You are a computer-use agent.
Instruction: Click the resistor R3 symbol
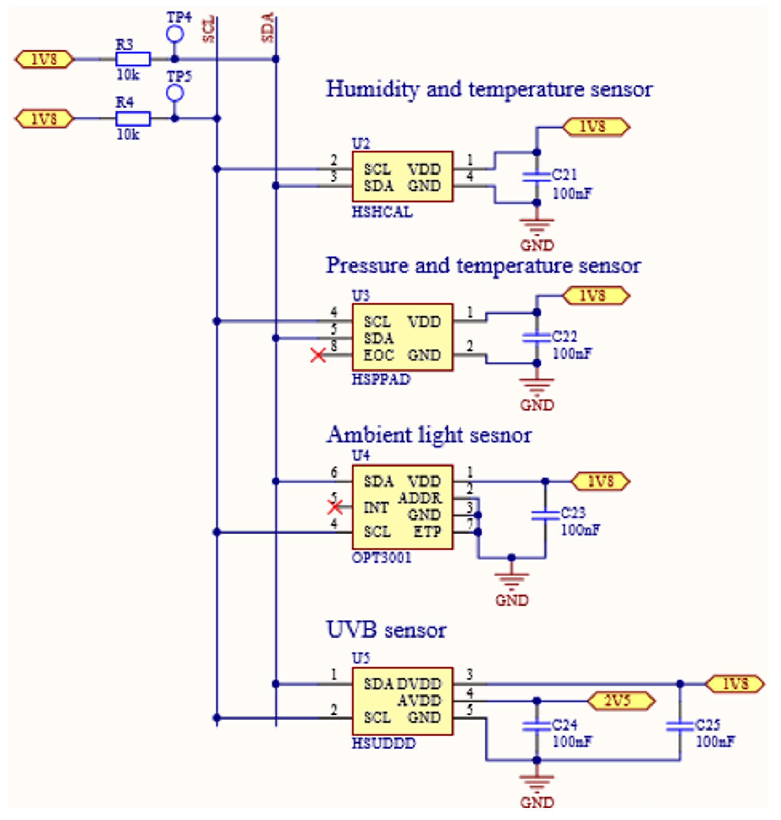click(x=133, y=59)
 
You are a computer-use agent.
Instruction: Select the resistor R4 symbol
click(x=133, y=119)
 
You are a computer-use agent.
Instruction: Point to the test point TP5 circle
click(x=175, y=93)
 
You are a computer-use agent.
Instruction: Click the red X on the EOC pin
click(x=318, y=355)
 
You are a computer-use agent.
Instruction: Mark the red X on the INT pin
click(x=335, y=507)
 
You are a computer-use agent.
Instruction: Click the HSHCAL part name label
click(x=382, y=212)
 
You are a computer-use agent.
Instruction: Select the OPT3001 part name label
click(x=381, y=557)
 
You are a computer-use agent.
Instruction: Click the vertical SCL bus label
click(x=209, y=29)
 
